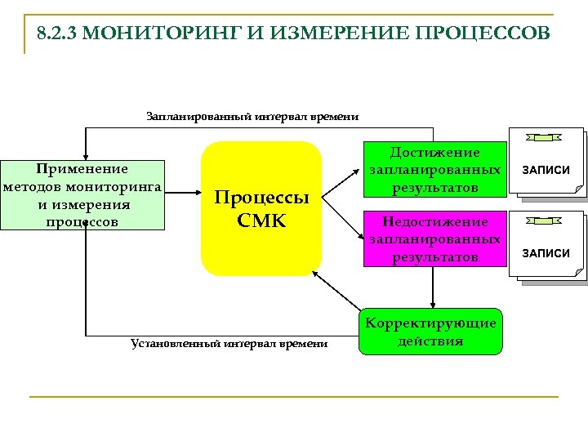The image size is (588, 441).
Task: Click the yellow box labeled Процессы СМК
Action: click(261, 208)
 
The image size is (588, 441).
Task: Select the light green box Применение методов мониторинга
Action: click(83, 194)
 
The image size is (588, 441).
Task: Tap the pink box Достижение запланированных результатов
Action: click(434, 170)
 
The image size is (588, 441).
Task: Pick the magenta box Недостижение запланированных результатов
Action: click(434, 239)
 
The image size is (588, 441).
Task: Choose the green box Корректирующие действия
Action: click(430, 332)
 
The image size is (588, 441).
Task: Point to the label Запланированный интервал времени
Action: click(252, 117)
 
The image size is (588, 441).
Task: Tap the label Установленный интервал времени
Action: click(229, 344)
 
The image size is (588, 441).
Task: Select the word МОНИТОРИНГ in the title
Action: click(164, 34)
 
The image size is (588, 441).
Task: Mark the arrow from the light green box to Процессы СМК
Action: click(182, 194)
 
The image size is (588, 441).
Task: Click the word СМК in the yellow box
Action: click(261, 220)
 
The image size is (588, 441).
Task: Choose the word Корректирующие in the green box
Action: click(430, 323)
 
